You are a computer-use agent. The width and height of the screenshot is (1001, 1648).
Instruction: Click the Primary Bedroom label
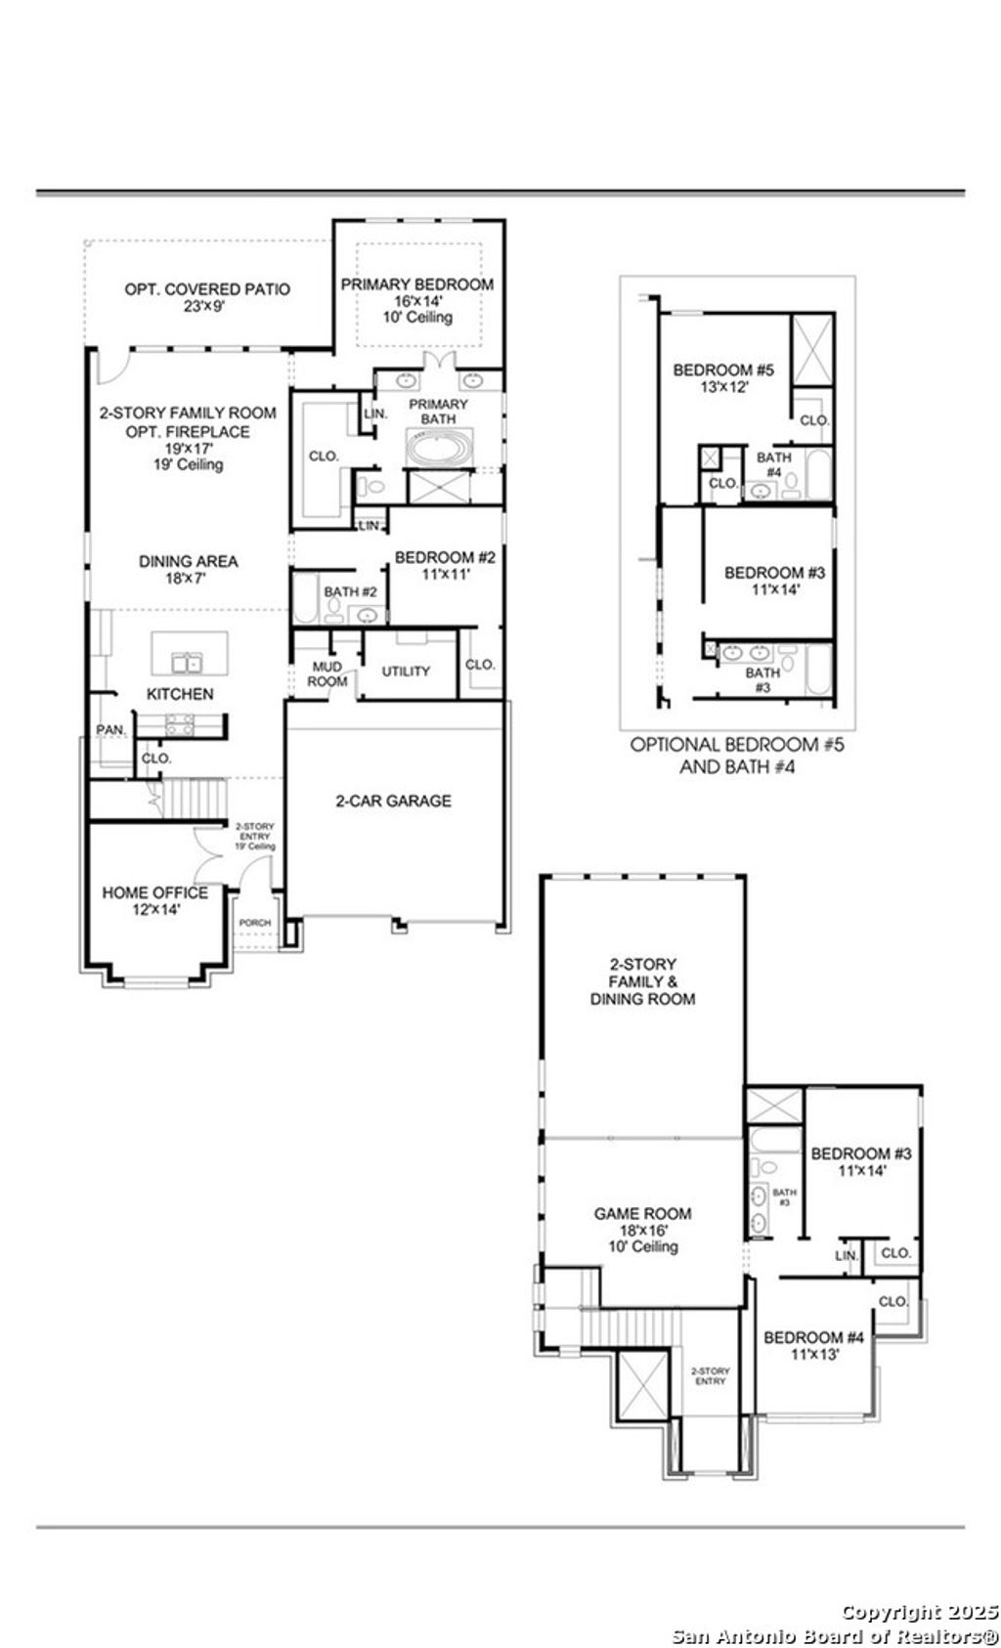(416, 284)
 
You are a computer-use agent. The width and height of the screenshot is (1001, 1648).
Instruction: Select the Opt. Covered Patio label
(207, 289)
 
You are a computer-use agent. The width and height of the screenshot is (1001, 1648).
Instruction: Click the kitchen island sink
(186, 664)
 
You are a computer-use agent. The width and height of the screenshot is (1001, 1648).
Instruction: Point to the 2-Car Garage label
(393, 801)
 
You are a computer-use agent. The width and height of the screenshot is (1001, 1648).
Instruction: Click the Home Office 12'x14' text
(154, 900)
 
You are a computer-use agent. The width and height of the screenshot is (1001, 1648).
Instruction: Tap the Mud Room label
(326, 673)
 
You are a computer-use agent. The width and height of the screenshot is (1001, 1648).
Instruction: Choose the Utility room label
(406, 672)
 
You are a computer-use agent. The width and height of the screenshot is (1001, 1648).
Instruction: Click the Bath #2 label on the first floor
(351, 591)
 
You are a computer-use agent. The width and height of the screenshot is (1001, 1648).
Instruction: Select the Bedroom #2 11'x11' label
(445, 566)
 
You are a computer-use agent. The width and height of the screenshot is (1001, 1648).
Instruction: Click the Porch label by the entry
(255, 923)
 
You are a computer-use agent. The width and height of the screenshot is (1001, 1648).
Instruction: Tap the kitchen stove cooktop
(179, 724)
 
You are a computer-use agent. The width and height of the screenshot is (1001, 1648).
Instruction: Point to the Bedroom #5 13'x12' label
(723, 378)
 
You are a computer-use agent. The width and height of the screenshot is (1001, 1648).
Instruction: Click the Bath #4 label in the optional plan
(773, 464)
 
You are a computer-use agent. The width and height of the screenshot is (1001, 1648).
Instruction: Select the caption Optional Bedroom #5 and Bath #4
(736, 755)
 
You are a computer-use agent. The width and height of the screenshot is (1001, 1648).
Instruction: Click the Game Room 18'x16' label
(642, 1230)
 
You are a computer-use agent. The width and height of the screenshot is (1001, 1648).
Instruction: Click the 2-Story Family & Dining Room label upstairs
(642, 981)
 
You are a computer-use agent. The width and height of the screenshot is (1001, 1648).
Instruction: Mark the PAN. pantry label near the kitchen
(109, 730)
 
